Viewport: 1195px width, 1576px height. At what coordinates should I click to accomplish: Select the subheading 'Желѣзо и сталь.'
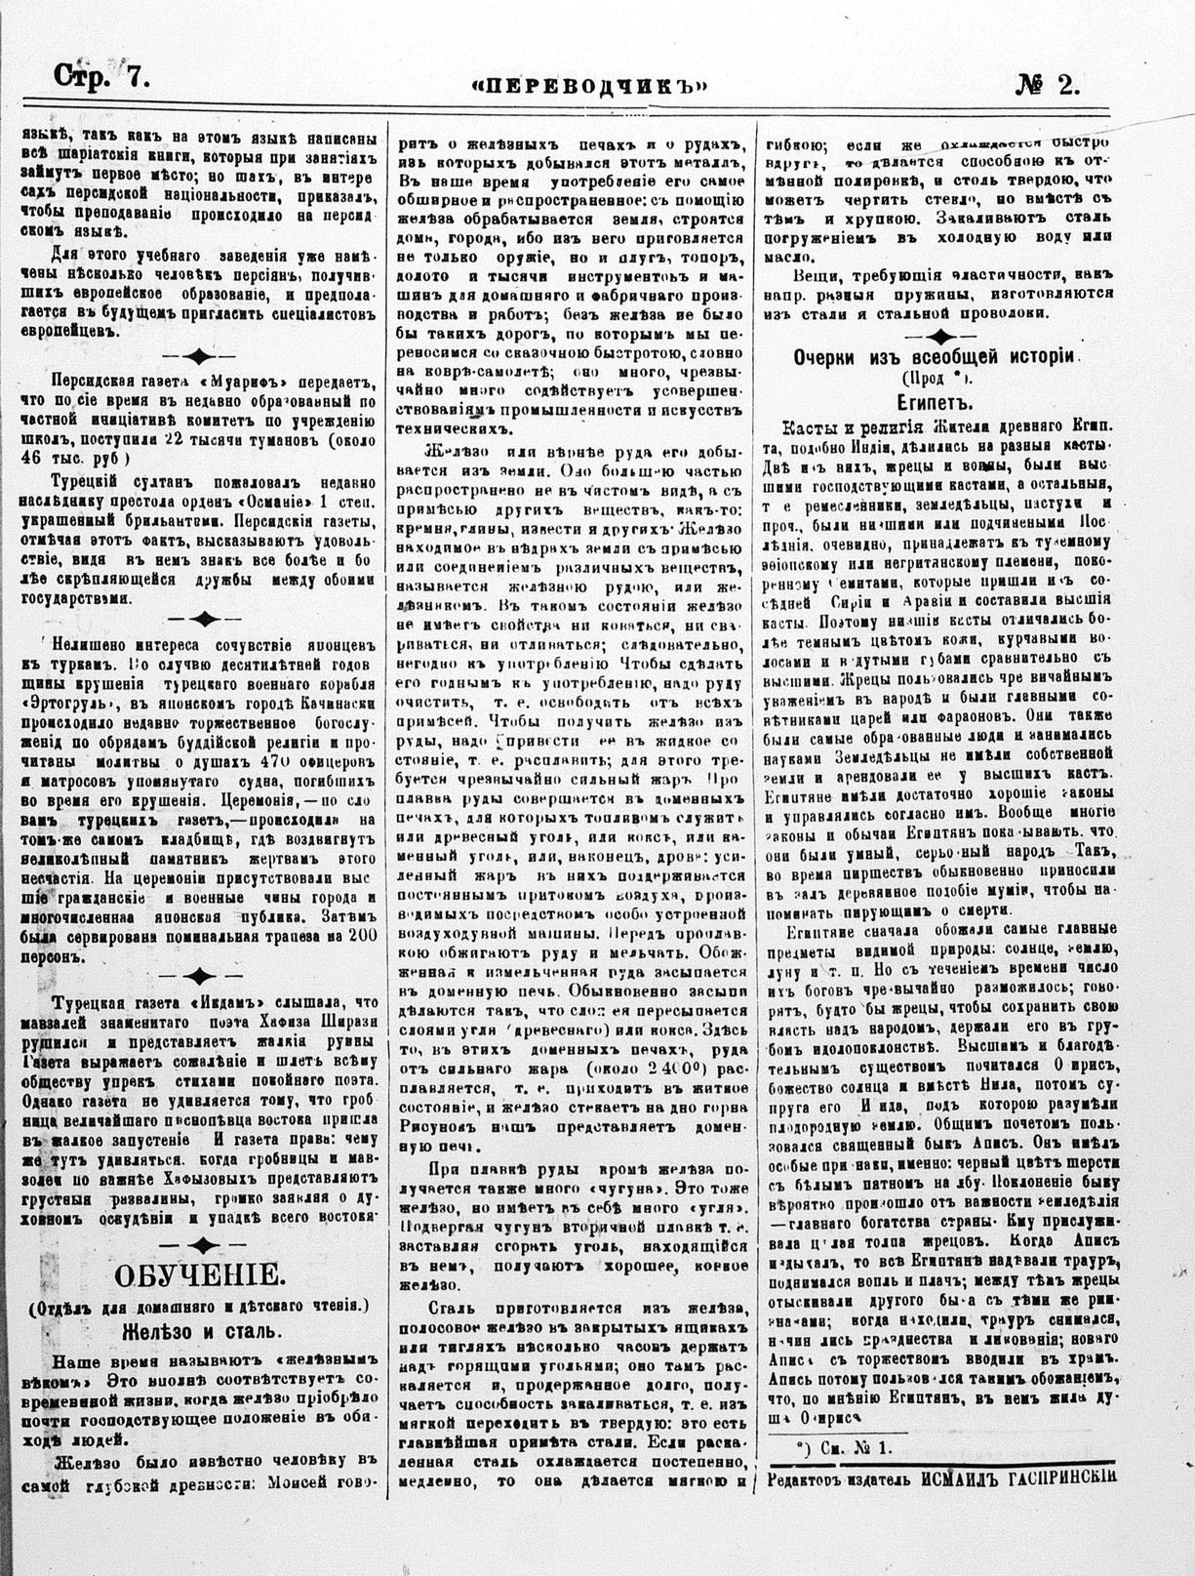[201, 1331]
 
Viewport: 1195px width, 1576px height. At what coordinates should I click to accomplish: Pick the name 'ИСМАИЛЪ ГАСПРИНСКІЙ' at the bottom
[1016, 1476]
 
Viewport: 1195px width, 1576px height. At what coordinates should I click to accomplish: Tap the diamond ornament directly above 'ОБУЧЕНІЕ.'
[201, 1241]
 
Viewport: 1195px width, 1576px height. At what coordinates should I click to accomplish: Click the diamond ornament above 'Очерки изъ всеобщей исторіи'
[936, 336]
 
